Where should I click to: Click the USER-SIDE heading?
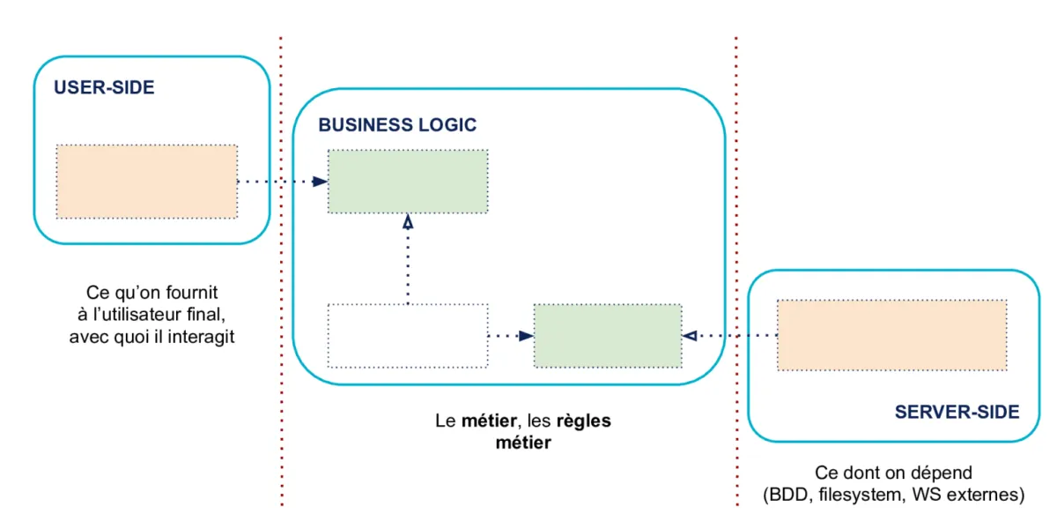104,87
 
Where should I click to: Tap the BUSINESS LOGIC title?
397,124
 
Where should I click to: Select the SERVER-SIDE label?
957,412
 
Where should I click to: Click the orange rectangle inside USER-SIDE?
147,182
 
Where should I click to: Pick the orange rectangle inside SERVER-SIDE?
891,335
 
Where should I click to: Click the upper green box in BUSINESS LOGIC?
408,181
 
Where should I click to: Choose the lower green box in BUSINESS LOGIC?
608,335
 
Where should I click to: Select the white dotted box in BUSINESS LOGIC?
408,335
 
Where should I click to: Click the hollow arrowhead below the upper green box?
408,222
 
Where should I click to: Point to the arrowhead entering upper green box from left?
320,182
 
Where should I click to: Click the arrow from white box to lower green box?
512,335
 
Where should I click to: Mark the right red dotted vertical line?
735,220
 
